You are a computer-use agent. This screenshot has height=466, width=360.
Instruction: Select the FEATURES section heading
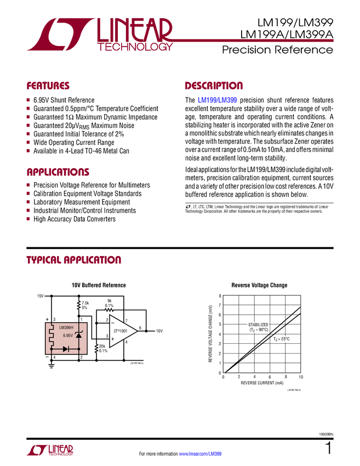tap(48, 86)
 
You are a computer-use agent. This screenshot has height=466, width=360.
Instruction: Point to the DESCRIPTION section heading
tap(214, 86)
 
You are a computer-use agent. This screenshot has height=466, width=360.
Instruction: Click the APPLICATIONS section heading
tap(58, 172)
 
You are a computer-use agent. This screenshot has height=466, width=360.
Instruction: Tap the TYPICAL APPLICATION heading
tap(73, 260)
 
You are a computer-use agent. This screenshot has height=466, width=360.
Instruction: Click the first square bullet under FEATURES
tap(28, 100)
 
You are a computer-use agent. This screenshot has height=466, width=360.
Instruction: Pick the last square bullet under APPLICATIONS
tap(28, 219)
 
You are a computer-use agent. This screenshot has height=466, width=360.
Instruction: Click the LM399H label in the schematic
tap(66, 328)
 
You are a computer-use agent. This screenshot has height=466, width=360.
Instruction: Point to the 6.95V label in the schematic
tap(68, 335)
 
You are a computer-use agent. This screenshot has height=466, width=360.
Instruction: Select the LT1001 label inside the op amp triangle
tap(121, 331)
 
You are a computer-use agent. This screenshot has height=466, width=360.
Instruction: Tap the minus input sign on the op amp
tap(113, 322)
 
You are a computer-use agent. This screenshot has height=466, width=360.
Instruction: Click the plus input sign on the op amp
tap(113, 339)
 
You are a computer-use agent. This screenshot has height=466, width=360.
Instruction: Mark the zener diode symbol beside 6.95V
tap(78, 334)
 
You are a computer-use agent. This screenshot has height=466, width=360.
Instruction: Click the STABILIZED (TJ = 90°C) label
tap(258, 327)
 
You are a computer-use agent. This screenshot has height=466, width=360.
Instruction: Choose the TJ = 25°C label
tap(282, 339)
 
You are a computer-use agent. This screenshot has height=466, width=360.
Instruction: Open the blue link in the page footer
tap(201, 453)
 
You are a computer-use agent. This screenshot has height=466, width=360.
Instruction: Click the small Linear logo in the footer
tap(49, 450)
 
